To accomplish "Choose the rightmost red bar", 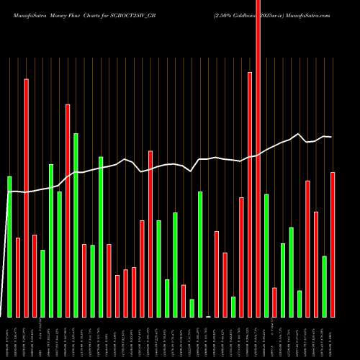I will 333,245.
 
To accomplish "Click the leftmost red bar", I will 18,277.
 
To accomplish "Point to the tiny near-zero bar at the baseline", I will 209,316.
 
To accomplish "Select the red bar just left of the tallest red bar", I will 250,194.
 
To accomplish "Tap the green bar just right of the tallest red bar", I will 266,256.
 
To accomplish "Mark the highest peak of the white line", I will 297,134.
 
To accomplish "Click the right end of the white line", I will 331,137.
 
